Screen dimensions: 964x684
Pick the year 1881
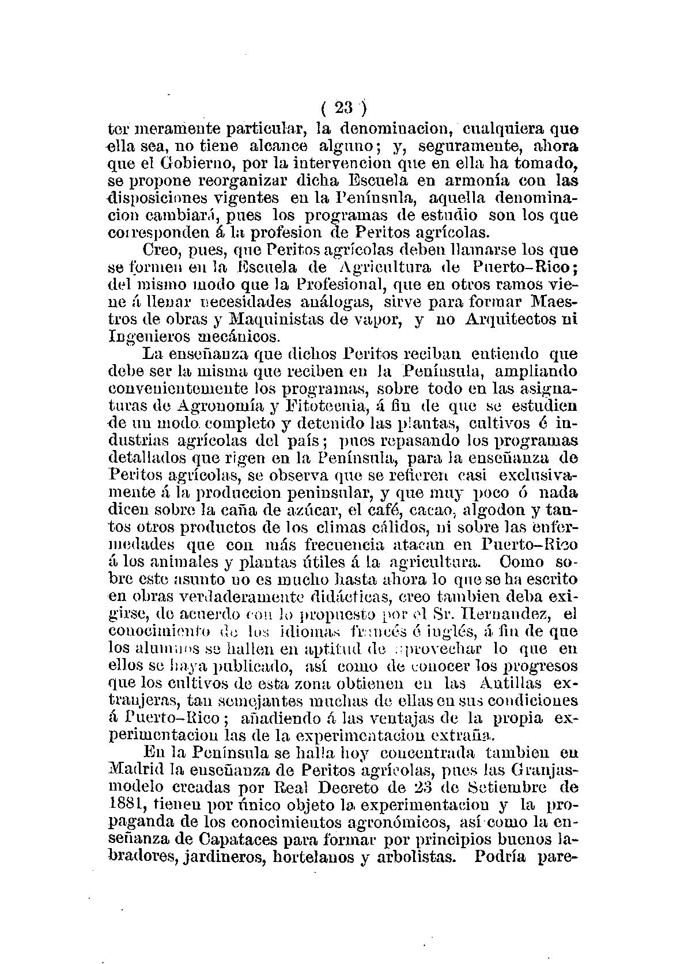(x=125, y=804)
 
